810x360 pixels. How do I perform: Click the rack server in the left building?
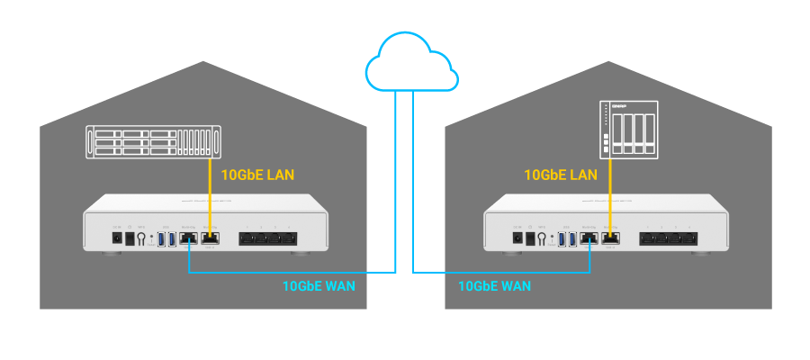coord(153,142)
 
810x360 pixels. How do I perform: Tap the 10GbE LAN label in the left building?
coord(257,174)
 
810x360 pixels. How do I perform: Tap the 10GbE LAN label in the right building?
coord(561,174)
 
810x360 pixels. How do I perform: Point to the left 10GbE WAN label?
coord(319,286)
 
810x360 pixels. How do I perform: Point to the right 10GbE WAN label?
coord(494,286)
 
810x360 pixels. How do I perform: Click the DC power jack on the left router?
coord(116,238)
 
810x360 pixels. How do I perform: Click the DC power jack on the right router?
coord(517,238)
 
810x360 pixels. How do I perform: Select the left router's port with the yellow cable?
coord(210,238)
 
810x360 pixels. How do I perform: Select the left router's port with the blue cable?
coord(189,238)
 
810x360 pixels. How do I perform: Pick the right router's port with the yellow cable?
coord(611,238)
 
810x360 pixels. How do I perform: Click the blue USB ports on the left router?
coord(167,238)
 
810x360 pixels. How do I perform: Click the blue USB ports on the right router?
coord(569,238)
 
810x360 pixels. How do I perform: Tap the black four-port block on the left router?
coord(266,238)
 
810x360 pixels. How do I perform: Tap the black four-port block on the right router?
coord(668,238)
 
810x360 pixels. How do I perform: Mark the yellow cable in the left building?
coord(210,193)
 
